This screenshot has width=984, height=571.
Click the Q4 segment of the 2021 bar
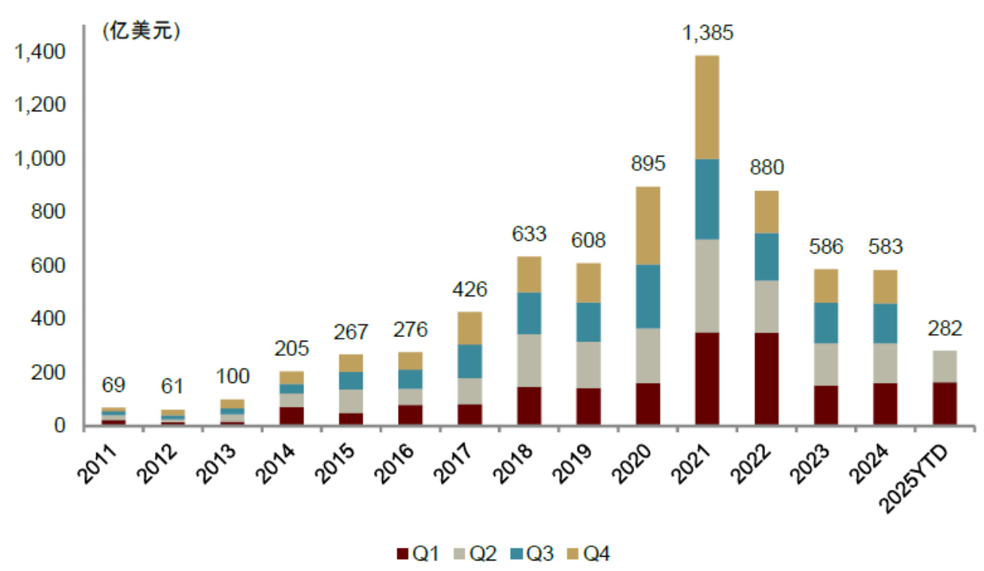coord(707,107)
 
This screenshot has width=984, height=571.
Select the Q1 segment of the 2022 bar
coord(767,379)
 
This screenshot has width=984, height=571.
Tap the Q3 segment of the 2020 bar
coord(648,296)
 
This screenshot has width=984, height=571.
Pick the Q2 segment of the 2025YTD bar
coord(944,366)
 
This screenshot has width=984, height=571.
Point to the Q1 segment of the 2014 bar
coord(290,416)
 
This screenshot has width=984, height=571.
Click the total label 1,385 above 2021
coord(707,33)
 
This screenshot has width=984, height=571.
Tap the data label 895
coord(648,164)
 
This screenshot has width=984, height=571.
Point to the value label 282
coord(944,329)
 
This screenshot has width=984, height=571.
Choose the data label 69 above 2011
coord(113,386)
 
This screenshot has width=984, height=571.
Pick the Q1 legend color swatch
coord(402,554)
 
